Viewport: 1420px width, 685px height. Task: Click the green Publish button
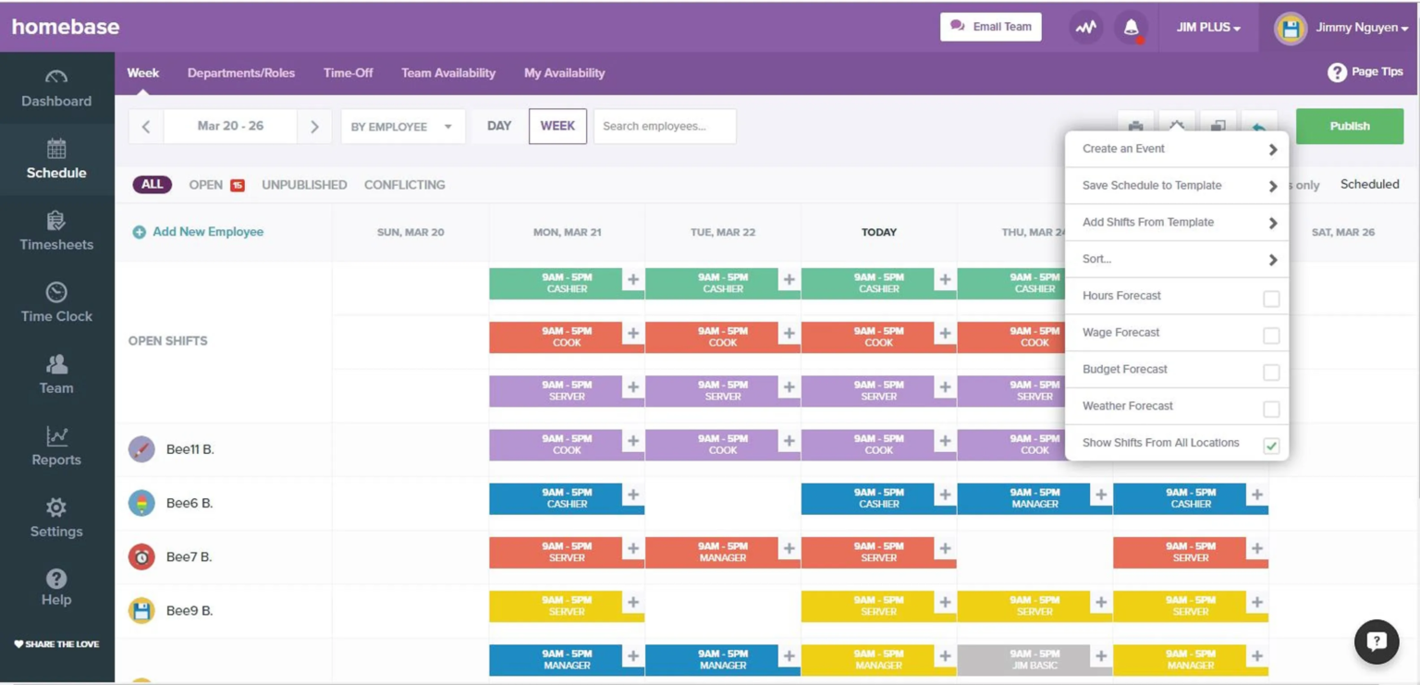click(x=1349, y=127)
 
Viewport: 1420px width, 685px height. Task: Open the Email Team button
click(x=990, y=27)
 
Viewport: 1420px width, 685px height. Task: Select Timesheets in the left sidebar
click(x=56, y=231)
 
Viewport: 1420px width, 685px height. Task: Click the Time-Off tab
click(x=348, y=73)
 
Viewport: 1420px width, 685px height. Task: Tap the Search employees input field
click(x=664, y=127)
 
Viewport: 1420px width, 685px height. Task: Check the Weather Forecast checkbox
click(x=1271, y=409)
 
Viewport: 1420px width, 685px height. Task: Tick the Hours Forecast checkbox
click(x=1271, y=299)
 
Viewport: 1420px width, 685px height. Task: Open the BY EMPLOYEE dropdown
click(x=402, y=127)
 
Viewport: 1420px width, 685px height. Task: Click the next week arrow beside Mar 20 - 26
click(x=314, y=127)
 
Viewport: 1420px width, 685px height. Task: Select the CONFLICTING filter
click(x=404, y=185)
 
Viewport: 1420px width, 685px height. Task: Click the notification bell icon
click(x=1131, y=28)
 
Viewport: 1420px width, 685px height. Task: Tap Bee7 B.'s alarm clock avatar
click(x=141, y=557)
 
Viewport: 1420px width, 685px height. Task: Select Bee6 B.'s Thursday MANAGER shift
click(x=1022, y=498)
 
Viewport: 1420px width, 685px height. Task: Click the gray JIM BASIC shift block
click(x=1022, y=659)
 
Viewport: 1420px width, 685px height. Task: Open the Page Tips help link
click(x=1365, y=72)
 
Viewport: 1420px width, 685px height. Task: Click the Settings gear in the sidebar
click(x=56, y=518)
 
